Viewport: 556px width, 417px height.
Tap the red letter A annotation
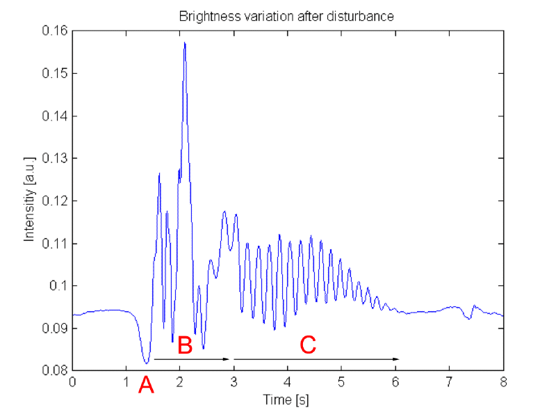coord(145,385)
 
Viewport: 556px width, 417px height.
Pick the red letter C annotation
coord(307,344)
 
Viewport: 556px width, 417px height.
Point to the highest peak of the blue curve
coord(185,43)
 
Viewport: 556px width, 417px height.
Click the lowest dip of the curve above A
coord(146,363)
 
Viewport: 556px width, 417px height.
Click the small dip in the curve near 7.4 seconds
coord(470,318)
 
